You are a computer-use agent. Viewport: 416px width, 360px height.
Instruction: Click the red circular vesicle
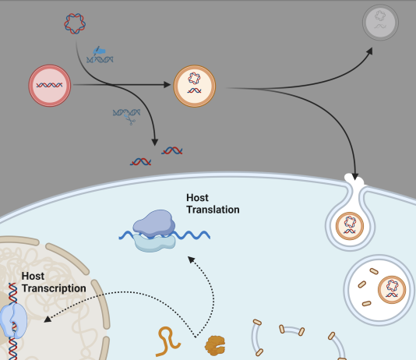click(x=50, y=86)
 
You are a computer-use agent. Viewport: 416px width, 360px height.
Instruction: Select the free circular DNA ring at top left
click(x=75, y=23)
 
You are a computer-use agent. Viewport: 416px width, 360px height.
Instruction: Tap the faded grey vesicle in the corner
click(x=380, y=23)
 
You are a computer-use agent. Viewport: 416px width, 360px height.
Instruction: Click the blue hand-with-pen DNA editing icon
click(x=100, y=55)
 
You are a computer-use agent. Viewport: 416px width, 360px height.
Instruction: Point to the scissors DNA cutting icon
click(x=126, y=116)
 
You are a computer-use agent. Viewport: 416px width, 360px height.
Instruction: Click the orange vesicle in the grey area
click(x=195, y=86)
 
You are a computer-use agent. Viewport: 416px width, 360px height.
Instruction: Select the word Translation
click(x=213, y=210)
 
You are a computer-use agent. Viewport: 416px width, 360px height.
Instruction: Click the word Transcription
click(x=54, y=288)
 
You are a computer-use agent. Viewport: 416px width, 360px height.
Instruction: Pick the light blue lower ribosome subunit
click(x=154, y=242)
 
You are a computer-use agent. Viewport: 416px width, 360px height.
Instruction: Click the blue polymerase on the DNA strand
click(x=13, y=320)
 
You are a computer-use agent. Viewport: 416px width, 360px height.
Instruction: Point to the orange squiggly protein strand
click(x=167, y=341)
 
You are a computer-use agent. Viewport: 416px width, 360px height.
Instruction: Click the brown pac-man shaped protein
click(x=215, y=345)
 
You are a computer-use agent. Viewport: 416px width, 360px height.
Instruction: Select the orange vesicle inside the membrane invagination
click(x=350, y=226)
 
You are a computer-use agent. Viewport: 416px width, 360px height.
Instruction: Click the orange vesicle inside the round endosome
click(x=392, y=290)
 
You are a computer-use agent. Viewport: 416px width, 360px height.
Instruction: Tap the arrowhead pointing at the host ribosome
click(x=192, y=259)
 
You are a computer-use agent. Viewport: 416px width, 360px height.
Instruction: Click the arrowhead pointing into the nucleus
click(x=48, y=319)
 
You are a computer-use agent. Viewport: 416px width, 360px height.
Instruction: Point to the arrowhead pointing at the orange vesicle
click(x=167, y=85)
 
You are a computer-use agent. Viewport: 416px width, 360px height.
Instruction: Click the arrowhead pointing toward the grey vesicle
click(x=369, y=51)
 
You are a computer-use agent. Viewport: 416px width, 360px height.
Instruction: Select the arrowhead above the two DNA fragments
click(x=155, y=142)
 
